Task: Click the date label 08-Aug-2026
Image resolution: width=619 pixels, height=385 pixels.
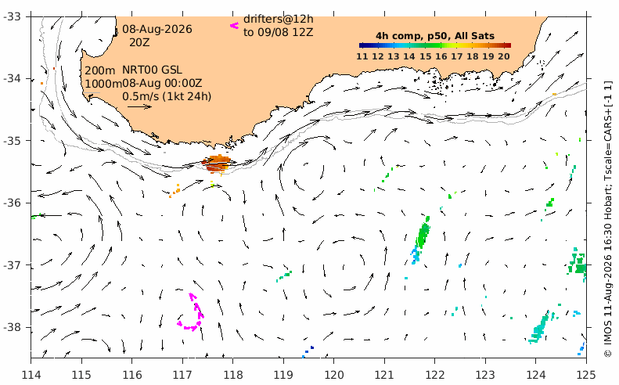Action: (157, 29)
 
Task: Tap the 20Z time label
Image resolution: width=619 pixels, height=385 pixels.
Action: (139, 42)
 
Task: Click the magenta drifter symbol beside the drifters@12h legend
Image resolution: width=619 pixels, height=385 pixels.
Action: (235, 26)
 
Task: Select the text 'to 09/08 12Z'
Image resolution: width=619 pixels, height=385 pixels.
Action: (279, 32)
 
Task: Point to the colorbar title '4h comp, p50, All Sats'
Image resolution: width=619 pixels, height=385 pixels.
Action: (435, 36)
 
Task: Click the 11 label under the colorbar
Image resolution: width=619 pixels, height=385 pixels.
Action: (362, 56)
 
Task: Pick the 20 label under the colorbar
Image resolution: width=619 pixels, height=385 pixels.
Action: (504, 56)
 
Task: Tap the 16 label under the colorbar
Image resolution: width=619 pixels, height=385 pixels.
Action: (441, 56)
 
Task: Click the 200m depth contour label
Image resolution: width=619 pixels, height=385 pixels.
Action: (100, 70)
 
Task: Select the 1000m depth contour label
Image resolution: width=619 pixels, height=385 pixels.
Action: (103, 84)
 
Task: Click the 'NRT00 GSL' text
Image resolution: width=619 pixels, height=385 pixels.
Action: (152, 70)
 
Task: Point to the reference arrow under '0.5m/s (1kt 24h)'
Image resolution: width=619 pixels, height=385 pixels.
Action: (140, 106)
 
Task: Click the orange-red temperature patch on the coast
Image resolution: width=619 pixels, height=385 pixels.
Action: (217, 164)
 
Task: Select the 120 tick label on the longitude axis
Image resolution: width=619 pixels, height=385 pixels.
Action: (333, 374)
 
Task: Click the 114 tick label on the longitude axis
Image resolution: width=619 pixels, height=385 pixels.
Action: (31, 374)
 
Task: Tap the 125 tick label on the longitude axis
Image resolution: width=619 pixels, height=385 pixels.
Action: (586, 374)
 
